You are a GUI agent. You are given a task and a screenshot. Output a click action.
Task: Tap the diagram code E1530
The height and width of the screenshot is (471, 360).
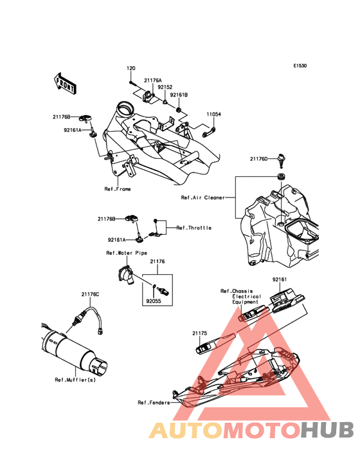[300, 66]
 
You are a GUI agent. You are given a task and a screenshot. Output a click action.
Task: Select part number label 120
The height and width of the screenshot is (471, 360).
[131, 68]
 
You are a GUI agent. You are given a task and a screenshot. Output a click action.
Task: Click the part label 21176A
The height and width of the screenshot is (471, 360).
[153, 80]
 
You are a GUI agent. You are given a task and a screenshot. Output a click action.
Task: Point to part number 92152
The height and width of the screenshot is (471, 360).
[165, 87]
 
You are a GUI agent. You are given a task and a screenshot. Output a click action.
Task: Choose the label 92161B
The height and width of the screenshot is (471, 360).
[179, 95]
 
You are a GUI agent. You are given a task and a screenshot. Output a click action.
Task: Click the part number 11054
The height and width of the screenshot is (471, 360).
[213, 115]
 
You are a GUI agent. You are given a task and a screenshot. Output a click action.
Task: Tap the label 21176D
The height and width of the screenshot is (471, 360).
[258, 159]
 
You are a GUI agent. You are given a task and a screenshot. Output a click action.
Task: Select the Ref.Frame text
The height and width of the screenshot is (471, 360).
[118, 189]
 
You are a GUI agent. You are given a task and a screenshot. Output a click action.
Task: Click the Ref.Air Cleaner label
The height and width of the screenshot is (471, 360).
[203, 198]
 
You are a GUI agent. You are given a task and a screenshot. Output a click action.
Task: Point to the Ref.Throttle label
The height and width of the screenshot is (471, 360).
[194, 228]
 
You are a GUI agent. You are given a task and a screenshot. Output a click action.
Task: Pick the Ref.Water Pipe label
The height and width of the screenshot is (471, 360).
[127, 253]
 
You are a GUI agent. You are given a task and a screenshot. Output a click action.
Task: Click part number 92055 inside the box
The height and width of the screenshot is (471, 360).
[154, 301]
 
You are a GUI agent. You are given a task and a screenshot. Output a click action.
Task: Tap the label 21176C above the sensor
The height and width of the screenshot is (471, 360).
[90, 295]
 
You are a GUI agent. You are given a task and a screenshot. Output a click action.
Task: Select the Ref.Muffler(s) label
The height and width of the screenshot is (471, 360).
[75, 380]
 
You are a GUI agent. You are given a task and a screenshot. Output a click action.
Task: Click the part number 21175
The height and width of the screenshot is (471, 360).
[200, 333]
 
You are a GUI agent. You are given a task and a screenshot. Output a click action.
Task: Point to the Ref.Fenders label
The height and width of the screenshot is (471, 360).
[154, 403]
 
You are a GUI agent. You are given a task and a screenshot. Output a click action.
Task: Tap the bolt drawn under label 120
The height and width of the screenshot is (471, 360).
[131, 82]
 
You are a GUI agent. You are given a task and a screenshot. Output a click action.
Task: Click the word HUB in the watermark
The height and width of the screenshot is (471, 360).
[328, 430]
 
